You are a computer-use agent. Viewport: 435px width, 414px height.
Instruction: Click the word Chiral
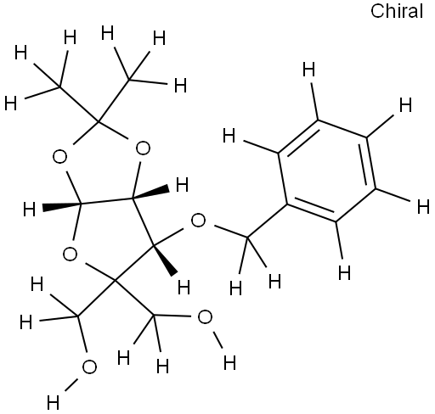[397, 11]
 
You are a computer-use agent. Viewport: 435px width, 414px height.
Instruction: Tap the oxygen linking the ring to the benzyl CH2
[198, 221]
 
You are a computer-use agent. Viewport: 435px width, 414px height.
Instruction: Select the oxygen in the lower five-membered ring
[70, 254]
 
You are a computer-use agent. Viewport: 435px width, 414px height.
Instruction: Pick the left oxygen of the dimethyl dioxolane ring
[59, 157]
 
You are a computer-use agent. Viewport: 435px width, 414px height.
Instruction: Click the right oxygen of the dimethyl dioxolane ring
[143, 148]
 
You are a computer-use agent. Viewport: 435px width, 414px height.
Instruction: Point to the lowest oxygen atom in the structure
[89, 367]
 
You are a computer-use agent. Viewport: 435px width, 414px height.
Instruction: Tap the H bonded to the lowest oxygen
[54, 402]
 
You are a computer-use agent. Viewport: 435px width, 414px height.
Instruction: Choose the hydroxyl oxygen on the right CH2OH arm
[205, 317]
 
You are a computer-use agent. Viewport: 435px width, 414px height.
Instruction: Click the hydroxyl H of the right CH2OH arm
[229, 362]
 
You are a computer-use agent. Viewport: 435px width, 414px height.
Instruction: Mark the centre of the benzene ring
[327, 171]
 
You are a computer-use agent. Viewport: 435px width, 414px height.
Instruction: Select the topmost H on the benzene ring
[308, 70]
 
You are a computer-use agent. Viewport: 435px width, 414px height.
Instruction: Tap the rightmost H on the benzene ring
[424, 206]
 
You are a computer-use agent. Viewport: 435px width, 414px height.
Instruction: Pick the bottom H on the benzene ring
[345, 273]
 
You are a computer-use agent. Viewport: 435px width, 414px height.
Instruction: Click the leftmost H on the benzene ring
[229, 136]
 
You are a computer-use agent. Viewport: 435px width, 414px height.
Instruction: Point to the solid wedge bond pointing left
[62, 205]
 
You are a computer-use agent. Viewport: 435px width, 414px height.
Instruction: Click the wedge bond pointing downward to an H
[165, 260]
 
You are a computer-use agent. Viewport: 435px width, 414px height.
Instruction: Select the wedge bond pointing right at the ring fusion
[150, 193]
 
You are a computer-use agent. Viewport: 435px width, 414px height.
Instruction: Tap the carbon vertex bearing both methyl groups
[98, 121]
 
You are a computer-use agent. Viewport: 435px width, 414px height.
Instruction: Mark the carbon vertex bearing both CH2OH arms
[115, 280]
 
